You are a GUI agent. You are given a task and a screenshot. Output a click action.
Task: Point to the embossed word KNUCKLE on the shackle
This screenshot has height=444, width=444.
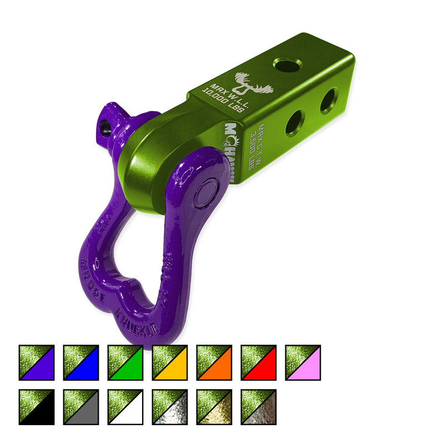[137, 321]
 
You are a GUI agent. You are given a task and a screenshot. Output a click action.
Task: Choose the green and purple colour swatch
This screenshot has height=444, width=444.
[37, 363]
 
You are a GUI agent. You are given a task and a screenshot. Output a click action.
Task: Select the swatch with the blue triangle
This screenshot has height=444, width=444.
[81, 363]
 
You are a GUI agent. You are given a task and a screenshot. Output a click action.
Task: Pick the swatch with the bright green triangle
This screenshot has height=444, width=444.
[125, 363]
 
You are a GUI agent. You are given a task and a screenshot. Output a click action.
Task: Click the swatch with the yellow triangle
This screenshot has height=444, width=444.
[170, 363]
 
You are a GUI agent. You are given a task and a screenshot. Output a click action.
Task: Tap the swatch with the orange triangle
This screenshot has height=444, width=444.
[214, 363]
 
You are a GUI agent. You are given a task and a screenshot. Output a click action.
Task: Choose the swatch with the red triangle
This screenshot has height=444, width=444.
[259, 363]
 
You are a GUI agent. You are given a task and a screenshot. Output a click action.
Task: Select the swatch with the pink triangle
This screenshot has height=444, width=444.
[303, 363]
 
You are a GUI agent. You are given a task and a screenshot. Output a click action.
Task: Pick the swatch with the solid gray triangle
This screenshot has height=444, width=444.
[81, 407]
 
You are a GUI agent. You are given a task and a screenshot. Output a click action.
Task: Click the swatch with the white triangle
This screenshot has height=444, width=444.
[125, 407]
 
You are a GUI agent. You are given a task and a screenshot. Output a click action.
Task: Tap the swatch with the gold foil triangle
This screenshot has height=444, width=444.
[214, 407]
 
